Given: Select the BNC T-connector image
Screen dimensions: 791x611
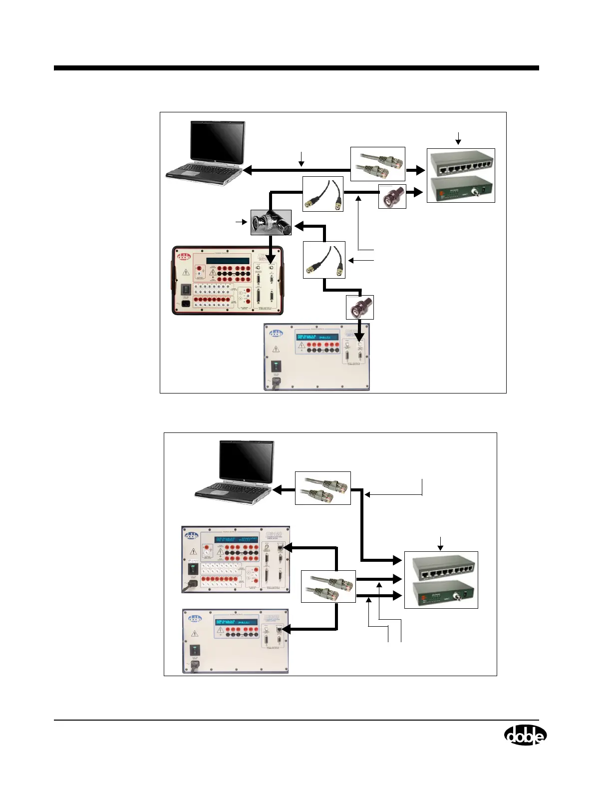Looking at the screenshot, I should click(271, 222).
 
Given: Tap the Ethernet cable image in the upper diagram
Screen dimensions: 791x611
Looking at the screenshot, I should click(377, 164).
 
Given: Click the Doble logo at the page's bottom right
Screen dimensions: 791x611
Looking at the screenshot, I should click(525, 735).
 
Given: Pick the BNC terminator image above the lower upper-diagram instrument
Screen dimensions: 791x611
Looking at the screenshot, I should click(360, 307).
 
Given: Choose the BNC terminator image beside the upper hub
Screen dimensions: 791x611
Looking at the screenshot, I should click(392, 196).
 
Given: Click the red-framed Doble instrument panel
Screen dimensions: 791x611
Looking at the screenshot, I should click(228, 280).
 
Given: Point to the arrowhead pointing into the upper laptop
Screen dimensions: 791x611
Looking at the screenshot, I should click(247, 170).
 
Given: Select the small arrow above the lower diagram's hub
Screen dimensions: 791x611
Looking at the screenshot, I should click(440, 542).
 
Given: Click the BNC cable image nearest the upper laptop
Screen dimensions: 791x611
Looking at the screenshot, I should click(323, 194).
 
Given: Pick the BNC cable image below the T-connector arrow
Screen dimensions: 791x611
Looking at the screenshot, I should click(324, 260).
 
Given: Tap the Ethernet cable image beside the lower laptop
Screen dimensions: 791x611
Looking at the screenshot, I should click(323, 487).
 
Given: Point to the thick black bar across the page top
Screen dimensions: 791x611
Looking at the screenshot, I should click(297, 68).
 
